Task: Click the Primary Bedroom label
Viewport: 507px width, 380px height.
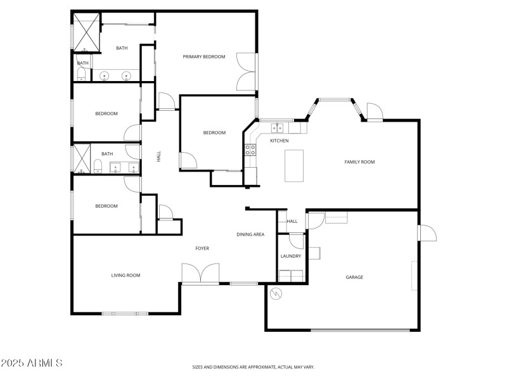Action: [x=204, y=57]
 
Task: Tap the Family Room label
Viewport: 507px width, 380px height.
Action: [x=359, y=162]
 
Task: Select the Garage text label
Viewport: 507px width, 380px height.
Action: [x=354, y=277]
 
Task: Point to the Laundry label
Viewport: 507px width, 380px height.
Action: [x=291, y=256]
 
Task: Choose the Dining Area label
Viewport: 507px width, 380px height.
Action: [x=250, y=235]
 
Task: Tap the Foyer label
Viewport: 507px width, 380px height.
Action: [x=202, y=248]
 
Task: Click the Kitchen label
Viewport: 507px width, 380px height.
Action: [x=279, y=141]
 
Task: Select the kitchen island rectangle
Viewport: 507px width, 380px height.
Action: [x=293, y=166]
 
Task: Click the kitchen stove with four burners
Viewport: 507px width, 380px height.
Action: [x=250, y=150]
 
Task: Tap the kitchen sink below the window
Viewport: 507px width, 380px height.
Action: [x=277, y=127]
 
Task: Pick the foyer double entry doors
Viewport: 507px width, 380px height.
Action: [x=200, y=274]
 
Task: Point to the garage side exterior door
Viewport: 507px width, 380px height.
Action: [x=427, y=233]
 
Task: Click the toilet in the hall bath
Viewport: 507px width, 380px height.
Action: [x=98, y=167]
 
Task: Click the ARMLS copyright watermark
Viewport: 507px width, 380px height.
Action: [x=32, y=364]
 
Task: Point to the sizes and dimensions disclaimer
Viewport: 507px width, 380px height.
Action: [x=253, y=367]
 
